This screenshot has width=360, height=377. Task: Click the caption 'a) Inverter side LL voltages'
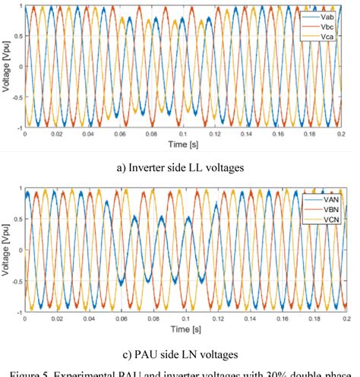(182, 166)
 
